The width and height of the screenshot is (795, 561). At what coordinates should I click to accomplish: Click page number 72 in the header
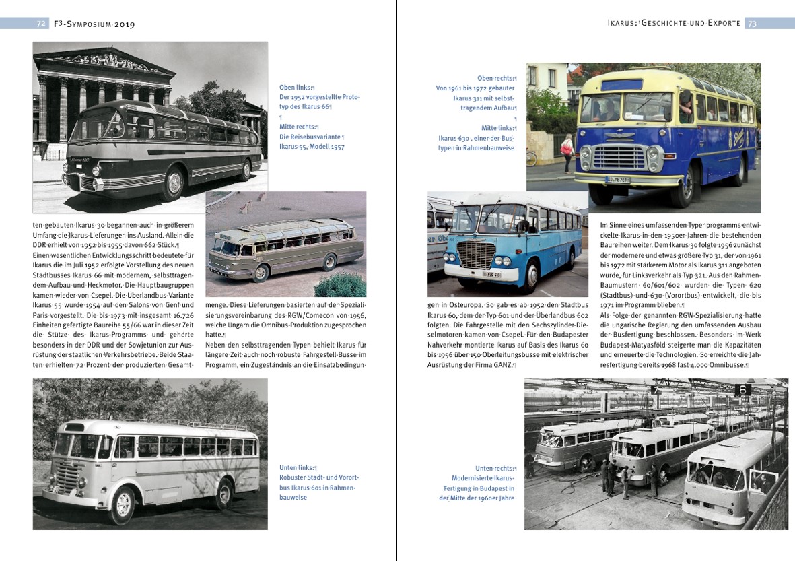(40, 24)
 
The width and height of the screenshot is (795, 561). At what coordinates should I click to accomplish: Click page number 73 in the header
(752, 24)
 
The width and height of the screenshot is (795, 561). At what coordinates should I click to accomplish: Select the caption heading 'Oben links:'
(296, 87)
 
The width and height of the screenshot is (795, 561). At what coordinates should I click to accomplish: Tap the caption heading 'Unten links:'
(296, 467)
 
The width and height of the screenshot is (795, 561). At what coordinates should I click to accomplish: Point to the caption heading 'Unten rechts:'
(494, 468)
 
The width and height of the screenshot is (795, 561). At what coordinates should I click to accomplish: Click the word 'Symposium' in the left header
(96, 24)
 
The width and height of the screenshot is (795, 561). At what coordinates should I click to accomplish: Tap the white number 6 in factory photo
(743, 389)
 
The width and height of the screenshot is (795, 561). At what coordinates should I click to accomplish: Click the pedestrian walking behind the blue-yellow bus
(567, 152)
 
